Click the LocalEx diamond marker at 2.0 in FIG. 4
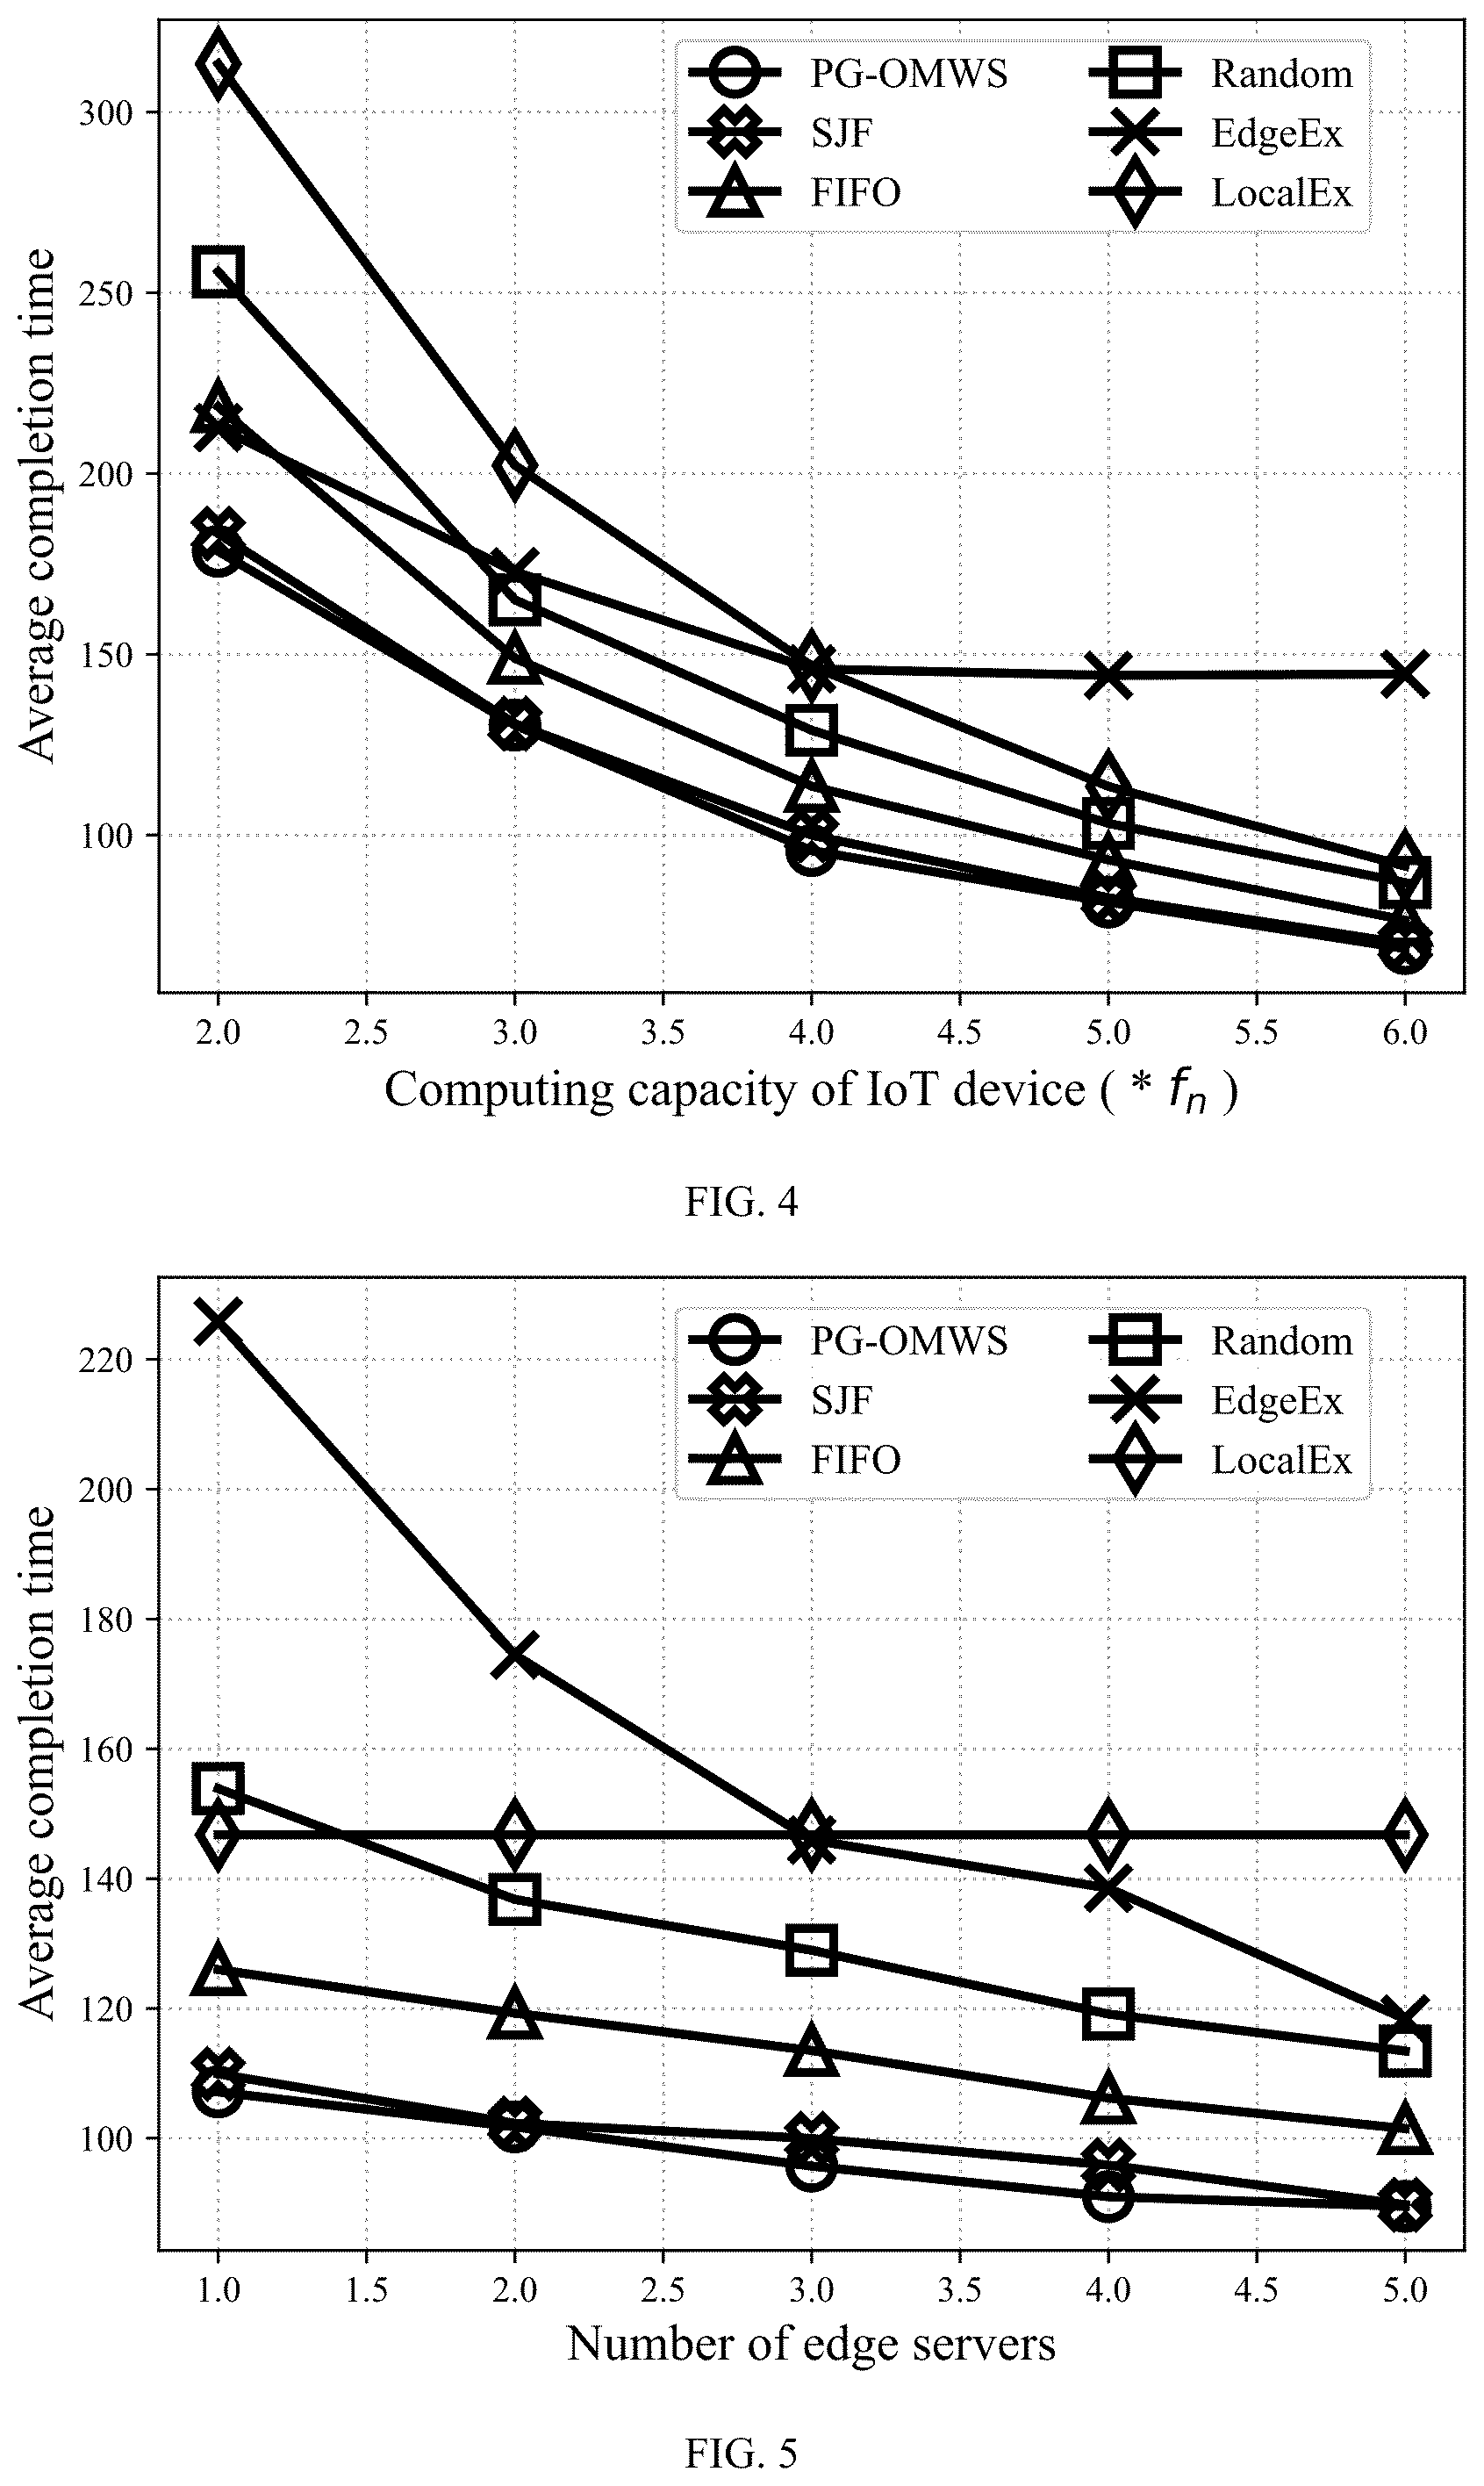point(218,64)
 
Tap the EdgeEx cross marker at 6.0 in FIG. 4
point(1404,675)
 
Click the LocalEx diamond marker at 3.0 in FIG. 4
point(514,466)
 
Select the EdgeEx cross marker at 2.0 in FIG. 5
point(514,1654)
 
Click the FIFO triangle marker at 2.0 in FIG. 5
point(514,2013)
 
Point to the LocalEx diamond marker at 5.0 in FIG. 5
point(1404,1835)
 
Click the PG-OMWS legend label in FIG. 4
point(909,73)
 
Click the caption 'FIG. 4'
point(741,1201)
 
